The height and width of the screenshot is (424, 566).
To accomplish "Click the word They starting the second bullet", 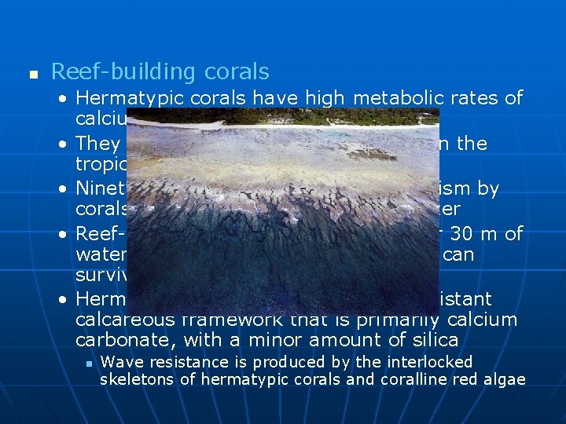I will [98, 144].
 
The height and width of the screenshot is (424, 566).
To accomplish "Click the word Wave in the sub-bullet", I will [118, 362].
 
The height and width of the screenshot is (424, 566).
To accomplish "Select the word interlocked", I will [432, 362].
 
